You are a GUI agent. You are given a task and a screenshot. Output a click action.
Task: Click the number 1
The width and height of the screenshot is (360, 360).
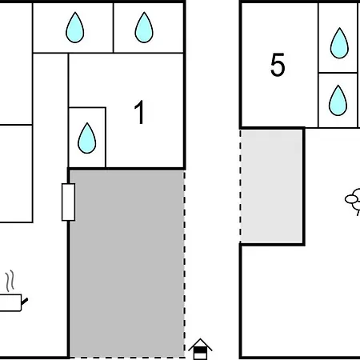coord(140,112)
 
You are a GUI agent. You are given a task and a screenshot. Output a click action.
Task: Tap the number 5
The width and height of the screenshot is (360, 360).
coord(278,65)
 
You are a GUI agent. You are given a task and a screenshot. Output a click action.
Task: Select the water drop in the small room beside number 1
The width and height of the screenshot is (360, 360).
coord(86,138)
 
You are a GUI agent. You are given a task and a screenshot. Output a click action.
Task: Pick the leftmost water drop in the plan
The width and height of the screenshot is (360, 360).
coord(75,27)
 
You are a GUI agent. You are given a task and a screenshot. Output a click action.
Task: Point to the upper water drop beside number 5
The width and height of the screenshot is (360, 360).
coord(339,43)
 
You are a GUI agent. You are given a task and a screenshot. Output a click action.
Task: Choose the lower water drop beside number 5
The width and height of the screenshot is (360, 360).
coord(338,101)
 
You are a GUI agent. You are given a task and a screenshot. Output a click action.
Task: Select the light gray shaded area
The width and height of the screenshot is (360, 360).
coord(272,186)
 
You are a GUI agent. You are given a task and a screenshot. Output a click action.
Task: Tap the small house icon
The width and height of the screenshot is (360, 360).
coord(200,349)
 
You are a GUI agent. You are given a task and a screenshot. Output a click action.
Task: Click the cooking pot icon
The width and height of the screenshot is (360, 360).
coord(12,302)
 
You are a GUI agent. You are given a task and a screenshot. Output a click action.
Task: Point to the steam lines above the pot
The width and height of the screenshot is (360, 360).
coord(10,281)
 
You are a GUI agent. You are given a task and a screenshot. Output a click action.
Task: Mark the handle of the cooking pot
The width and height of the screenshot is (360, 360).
coord(25,302)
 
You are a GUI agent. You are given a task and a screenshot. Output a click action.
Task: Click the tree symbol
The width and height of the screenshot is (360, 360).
coord(354,202)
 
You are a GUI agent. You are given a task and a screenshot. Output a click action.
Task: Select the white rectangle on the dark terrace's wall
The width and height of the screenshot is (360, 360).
coord(68,202)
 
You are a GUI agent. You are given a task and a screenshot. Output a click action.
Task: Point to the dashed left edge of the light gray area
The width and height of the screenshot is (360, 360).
coord(241,186)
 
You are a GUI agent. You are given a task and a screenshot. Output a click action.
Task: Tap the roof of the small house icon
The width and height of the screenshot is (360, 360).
coord(200,344)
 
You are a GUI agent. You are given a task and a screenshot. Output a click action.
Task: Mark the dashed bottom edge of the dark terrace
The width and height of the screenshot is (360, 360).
coord(127,358)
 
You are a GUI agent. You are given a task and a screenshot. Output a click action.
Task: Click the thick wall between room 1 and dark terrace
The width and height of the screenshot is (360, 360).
coord(126,169)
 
